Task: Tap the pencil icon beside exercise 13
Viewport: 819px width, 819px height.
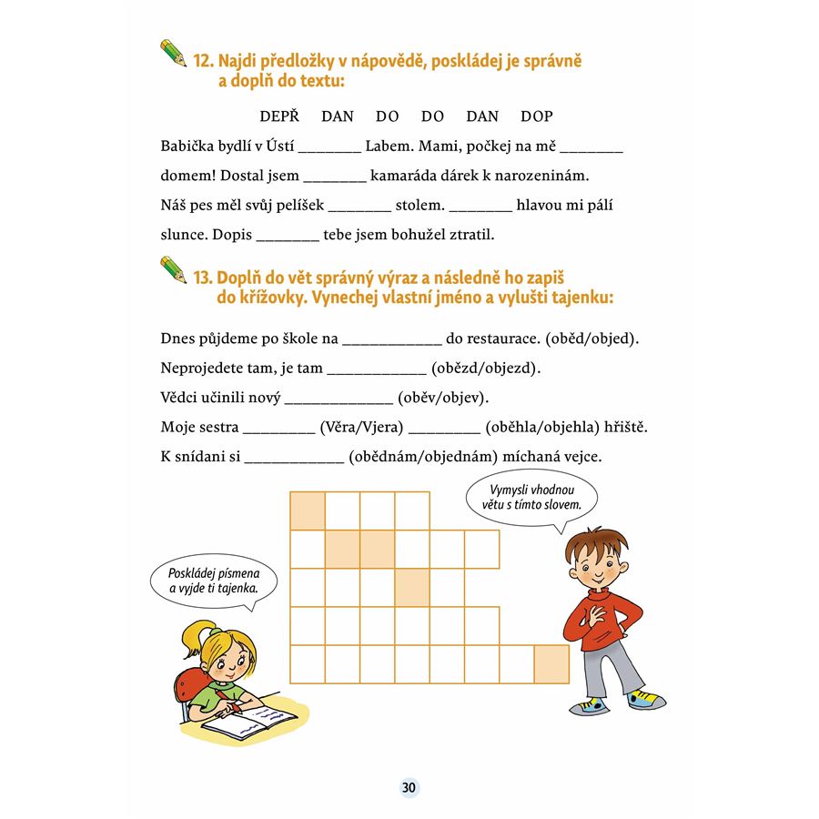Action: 173,268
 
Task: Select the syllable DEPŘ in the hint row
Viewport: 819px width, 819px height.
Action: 279,116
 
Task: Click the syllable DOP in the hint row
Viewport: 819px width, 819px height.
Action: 536,116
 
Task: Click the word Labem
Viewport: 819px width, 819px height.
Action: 389,147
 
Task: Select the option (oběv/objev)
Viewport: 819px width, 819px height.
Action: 445,398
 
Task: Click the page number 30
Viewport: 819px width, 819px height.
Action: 409,787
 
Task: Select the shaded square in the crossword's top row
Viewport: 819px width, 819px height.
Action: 308,511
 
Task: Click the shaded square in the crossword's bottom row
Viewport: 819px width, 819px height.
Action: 551,662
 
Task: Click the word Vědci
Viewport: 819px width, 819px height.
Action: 180,398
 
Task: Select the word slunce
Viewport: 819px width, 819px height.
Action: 182,235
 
